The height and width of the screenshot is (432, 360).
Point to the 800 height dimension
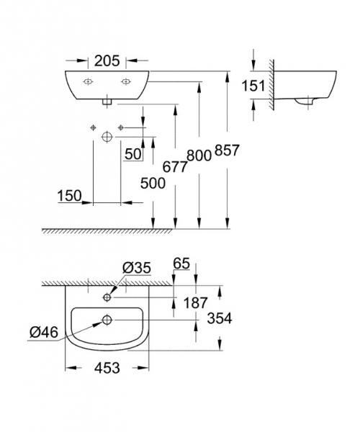pos(199,154)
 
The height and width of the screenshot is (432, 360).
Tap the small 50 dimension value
pos(132,153)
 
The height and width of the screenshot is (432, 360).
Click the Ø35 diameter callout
pos(136,268)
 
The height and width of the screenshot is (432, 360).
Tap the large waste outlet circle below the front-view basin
pos(107,135)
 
